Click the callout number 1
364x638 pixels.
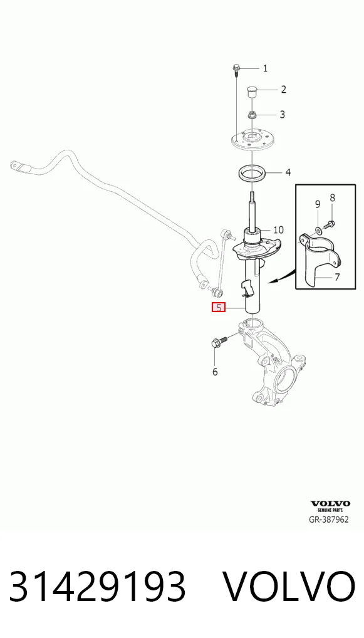point(265,68)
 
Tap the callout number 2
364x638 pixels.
point(283,89)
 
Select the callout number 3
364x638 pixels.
point(282,114)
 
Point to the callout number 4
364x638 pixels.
point(288,172)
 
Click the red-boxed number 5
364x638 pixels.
point(219,308)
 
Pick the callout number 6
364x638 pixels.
point(215,372)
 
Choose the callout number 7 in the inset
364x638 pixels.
point(337,278)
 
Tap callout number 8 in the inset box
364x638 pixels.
point(332,198)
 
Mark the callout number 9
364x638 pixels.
point(318,204)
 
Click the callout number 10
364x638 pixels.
point(278,230)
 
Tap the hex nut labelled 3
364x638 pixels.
point(252,115)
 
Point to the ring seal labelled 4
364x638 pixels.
point(252,174)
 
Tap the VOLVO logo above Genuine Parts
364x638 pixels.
point(330,504)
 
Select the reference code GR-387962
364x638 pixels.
point(329,520)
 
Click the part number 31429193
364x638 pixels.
point(98,587)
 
